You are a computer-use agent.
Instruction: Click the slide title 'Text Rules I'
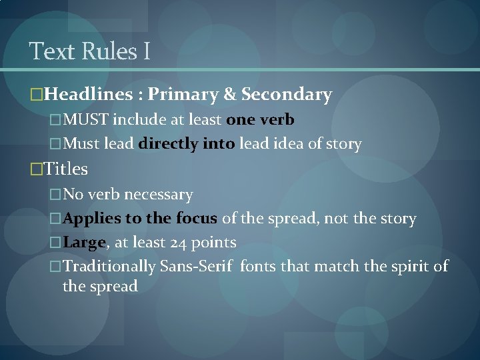[x=90, y=51]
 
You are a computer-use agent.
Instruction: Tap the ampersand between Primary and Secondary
[x=230, y=95]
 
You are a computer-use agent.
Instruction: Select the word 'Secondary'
[x=287, y=95]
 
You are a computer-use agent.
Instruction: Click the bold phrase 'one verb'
[x=261, y=120]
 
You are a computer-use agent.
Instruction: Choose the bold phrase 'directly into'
[x=187, y=143]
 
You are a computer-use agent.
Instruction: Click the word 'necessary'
[x=158, y=195]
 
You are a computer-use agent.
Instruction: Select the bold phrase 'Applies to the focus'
[x=139, y=219]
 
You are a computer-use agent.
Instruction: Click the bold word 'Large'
[x=84, y=243]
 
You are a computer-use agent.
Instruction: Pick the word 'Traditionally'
[x=109, y=267]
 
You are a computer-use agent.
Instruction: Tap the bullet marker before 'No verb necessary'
[x=55, y=195]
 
